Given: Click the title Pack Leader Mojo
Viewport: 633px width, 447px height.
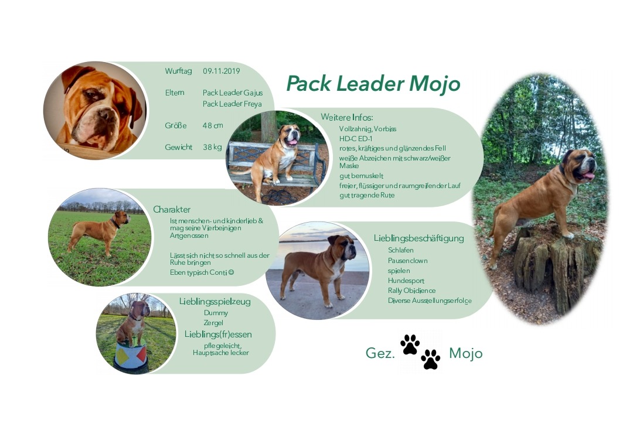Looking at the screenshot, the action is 373,84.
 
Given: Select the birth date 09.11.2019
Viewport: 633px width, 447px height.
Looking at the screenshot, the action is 221,71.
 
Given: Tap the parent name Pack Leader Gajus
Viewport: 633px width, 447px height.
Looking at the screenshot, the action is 233,93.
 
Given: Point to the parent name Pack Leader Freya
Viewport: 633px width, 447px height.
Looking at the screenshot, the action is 232,104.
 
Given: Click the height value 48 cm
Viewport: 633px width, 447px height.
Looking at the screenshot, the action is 213,125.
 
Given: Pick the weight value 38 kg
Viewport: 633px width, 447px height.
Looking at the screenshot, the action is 212,147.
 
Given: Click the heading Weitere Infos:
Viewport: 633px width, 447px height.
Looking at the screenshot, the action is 347,117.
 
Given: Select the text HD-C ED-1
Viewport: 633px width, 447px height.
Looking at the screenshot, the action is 356,139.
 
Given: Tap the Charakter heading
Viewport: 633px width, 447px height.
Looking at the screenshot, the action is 172,209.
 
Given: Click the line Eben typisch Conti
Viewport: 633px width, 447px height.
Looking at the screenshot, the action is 202,272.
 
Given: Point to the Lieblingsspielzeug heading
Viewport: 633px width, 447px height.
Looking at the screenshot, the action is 215,302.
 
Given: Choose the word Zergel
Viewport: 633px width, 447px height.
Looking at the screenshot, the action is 213,323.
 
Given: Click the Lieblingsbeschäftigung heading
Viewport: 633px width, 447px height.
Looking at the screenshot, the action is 418,238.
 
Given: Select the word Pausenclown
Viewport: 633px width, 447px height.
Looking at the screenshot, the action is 408,261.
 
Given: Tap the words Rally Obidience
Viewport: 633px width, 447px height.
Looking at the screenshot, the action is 412,291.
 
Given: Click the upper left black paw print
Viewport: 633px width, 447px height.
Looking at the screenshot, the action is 410,344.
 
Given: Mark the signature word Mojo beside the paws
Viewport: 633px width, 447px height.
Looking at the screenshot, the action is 466,353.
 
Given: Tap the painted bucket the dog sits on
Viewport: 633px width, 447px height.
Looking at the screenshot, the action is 131,357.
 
